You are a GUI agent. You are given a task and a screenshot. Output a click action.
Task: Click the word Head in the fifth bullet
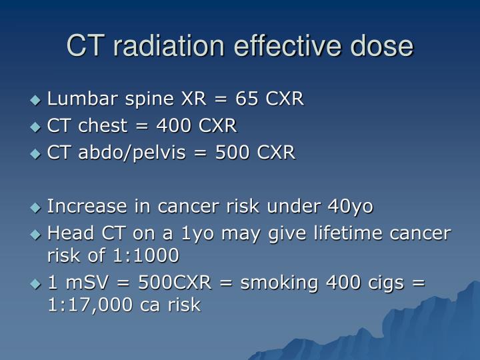[65, 234]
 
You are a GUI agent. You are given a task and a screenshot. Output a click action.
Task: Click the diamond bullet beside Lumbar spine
[36, 101]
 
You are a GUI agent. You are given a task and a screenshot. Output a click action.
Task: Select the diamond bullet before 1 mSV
[36, 283]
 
